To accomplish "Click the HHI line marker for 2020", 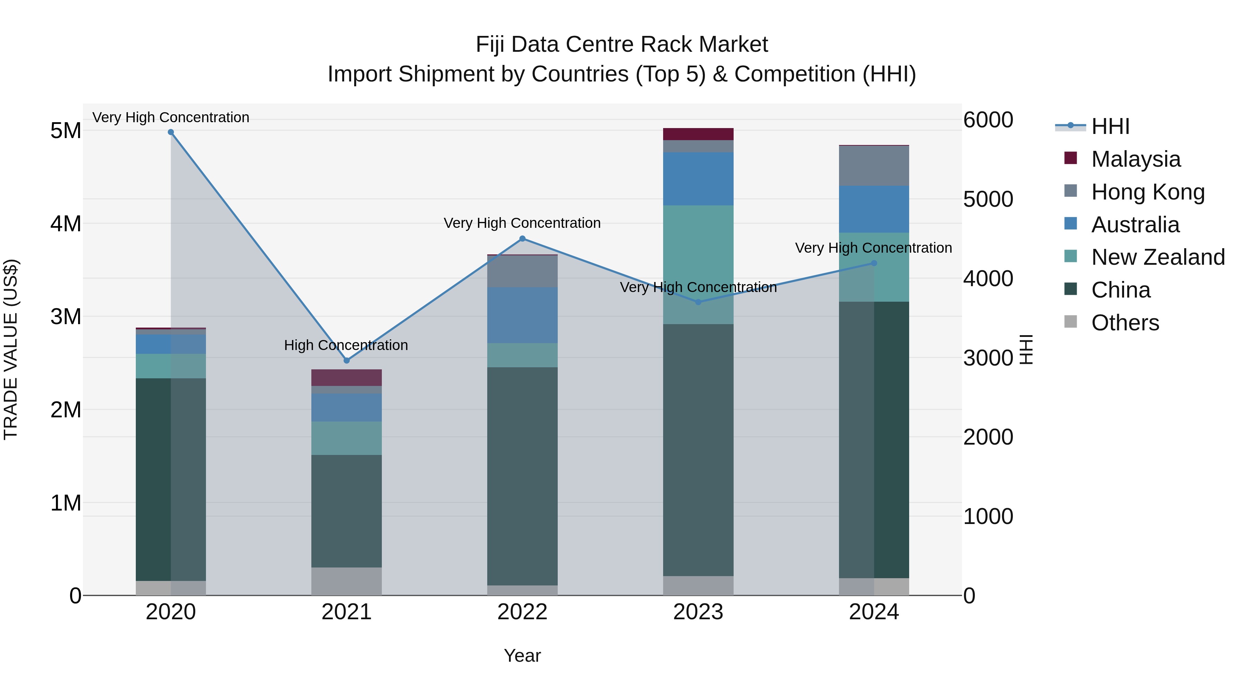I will (171, 132).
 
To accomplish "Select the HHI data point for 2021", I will (346, 360).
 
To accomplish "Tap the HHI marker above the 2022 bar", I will (522, 238).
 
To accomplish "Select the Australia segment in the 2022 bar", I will (522, 315).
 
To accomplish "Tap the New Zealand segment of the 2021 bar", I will (346, 438).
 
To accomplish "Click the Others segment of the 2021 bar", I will (346, 581).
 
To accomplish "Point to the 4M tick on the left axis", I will (66, 224).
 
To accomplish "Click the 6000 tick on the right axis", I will (988, 120).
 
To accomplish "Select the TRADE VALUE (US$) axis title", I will (11, 349).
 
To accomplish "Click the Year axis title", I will (522, 656).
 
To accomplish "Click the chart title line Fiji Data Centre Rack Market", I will (622, 45).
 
